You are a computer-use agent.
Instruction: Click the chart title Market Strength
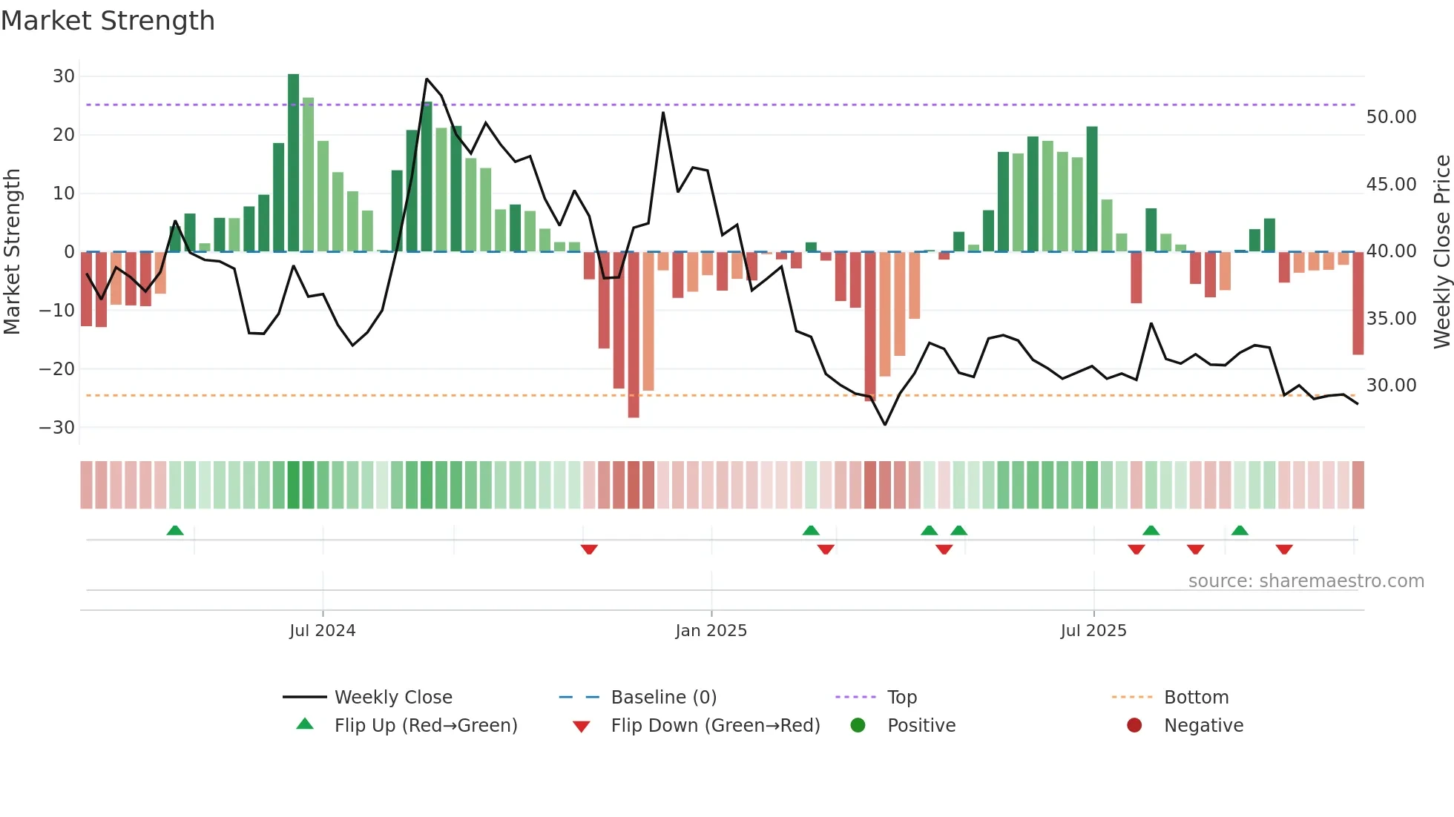(x=108, y=21)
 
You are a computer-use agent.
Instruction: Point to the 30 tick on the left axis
(x=64, y=76)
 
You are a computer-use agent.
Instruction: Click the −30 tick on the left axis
(x=57, y=428)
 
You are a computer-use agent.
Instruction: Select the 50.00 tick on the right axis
(x=1391, y=117)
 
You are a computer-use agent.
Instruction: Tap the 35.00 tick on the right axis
(x=1391, y=319)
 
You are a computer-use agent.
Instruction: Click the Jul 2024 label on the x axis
(x=322, y=631)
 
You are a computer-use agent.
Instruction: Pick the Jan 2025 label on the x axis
(x=711, y=631)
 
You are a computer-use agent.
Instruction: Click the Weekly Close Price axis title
(x=1441, y=252)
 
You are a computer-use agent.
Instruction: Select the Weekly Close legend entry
(x=392, y=698)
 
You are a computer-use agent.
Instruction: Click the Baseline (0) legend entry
(x=663, y=698)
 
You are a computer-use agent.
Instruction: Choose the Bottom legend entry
(x=1196, y=698)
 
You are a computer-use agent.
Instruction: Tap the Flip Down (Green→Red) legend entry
(x=715, y=726)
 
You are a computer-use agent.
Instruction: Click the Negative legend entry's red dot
(x=1134, y=726)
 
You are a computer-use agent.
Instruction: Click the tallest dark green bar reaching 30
(x=293, y=163)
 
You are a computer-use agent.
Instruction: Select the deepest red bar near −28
(x=634, y=334)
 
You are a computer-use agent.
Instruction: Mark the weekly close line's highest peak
(x=427, y=79)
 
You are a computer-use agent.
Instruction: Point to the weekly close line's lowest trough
(x=885, y=424)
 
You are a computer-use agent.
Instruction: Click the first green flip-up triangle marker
(x=175, y=530)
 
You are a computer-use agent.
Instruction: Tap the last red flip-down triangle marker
(x=1284, y=549)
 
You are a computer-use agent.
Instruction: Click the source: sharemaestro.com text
(x=1306, y=581)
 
